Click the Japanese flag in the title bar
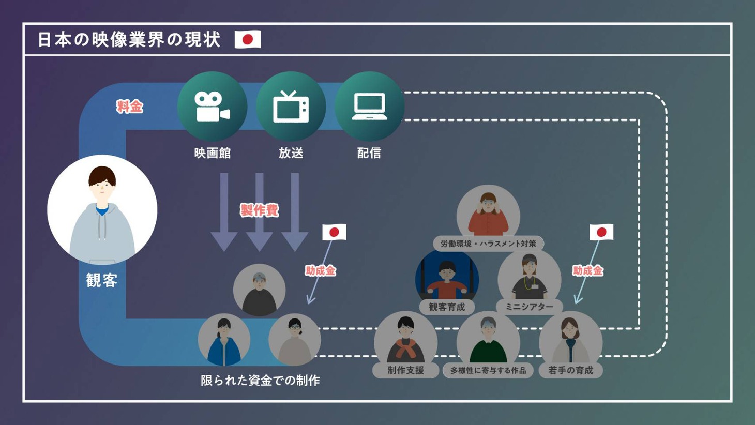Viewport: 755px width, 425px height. point(248,39)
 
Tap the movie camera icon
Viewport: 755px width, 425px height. point(212,107)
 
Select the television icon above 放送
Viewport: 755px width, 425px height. point(291,107)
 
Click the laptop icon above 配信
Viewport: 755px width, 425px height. point(369,107)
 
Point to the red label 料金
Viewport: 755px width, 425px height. point(129,107)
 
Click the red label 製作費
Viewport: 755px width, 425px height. point(260,210)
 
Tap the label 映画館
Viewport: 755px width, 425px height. point(212,153)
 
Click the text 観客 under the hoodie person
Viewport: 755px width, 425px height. point(102,280)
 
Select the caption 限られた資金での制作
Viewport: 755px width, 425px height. point(260,381)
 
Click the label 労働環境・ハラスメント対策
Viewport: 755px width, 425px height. point(488,244)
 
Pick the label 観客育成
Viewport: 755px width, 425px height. point(447,307)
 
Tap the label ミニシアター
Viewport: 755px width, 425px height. point(529,307)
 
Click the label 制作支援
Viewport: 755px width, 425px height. point(405,370)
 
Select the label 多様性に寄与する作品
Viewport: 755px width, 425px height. point(488,370)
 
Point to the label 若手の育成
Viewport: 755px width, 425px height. point(570,370)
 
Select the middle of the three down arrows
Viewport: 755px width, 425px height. point(260,212)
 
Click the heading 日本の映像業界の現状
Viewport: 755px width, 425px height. point(129,40)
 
